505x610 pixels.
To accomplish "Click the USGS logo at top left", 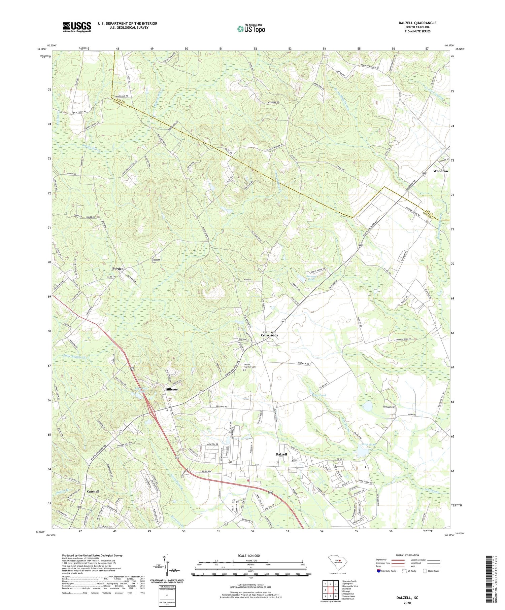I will (x=76, y=27).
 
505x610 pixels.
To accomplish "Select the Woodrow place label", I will (x=440, y=171).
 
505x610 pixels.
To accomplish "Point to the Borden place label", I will (x=118, y=268).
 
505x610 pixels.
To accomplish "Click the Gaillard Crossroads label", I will (x=270, y=334).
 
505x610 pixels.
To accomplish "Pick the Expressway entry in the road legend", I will (x=383, y=560).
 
